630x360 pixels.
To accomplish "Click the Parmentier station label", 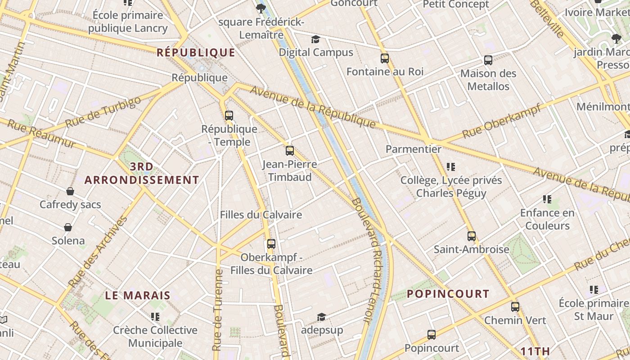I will click(414, 149).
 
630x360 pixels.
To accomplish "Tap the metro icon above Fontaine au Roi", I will click(384, 58).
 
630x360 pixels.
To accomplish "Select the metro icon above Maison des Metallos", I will click(488, 60).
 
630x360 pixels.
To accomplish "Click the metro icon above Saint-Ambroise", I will click(471, 236).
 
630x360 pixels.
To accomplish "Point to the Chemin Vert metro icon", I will click(515, 307).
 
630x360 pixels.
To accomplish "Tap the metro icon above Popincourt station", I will click(431, 334).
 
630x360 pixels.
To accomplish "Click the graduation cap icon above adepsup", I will click(321, 317).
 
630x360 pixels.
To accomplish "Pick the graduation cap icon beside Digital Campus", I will click(315, 39).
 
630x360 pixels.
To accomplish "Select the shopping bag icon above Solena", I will click(68, 227).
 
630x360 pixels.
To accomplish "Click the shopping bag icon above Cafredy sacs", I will click(70, 191).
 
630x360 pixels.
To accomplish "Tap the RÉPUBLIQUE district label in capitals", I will click(196, 53).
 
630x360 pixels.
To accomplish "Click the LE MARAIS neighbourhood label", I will click(138, 296).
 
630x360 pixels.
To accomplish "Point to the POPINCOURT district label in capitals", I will click(448, 294).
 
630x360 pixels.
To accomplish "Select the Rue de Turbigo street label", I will click(103, 112).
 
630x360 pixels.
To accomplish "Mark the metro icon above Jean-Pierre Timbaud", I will click(290, 150).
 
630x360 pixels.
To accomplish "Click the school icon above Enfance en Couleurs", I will click(547, 199).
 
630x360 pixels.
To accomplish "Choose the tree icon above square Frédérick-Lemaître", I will click(261, 8).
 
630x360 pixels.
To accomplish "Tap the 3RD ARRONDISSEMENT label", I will click(142, 173).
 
